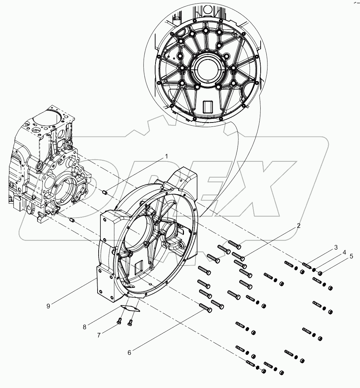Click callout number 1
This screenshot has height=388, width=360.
166,156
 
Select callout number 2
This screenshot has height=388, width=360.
298,226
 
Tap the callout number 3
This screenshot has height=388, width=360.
336,247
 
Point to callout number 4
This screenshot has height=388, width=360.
344,253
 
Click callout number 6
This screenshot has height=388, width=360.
129,352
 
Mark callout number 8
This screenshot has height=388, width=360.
85,327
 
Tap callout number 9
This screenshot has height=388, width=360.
48,306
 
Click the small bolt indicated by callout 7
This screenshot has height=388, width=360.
120,321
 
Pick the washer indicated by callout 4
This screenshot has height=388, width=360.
314,270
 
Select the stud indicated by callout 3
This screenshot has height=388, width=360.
307,267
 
